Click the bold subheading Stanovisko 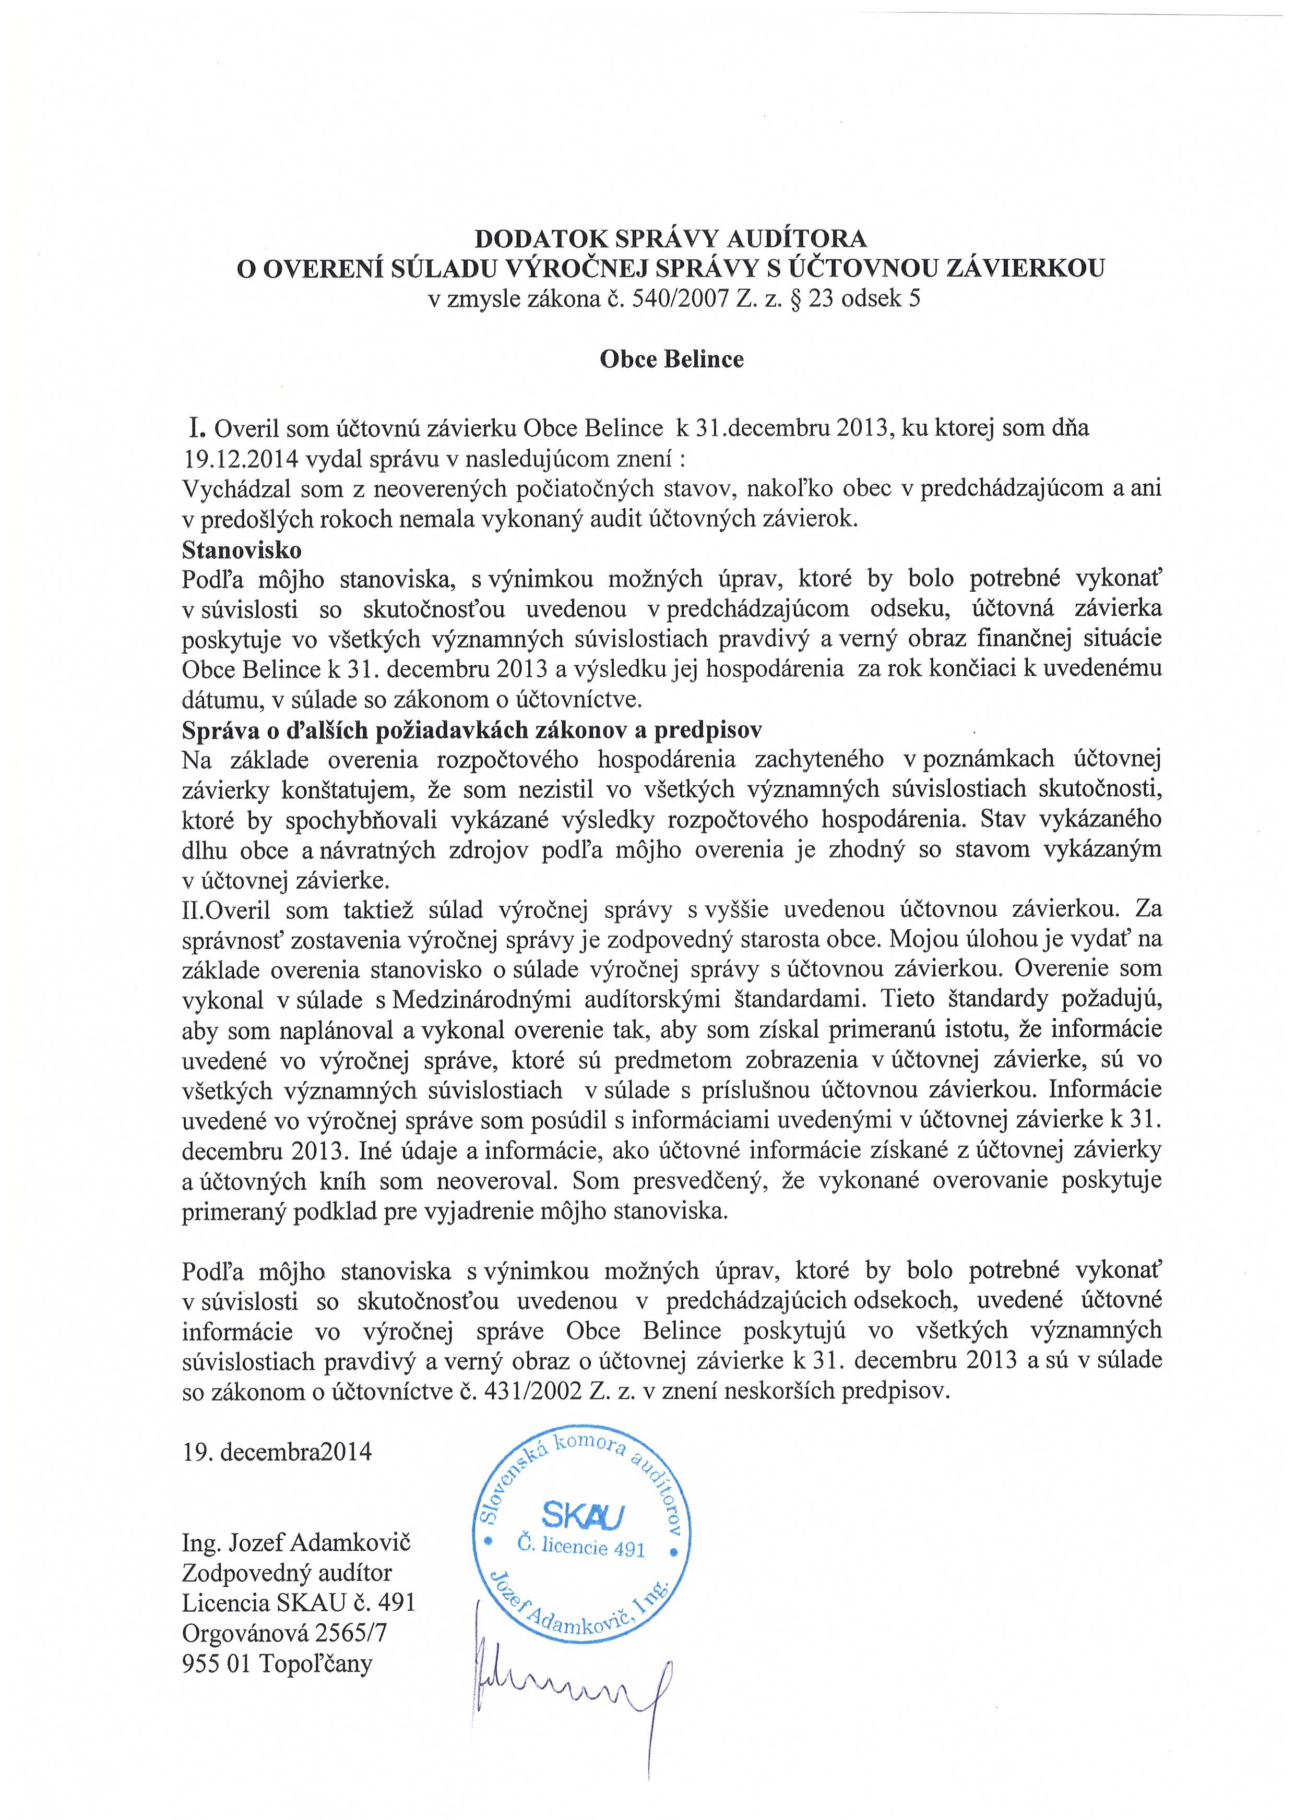(242, 550)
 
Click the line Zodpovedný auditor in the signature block (287, 1572)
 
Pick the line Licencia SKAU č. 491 (299, 1602)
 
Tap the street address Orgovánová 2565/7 (284, 1633)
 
